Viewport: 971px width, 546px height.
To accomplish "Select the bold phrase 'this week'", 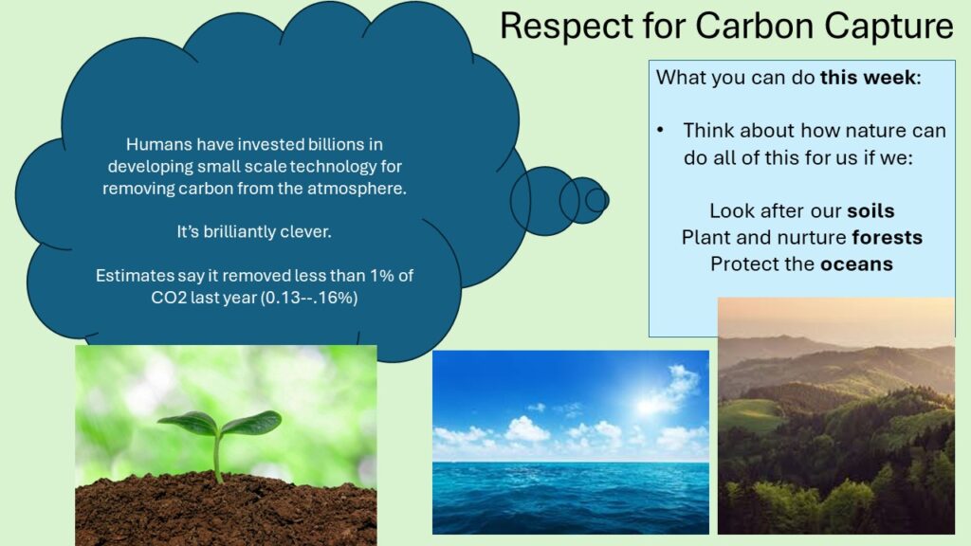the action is (868, 78).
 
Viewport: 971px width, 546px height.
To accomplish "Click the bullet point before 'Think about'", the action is (660, 130).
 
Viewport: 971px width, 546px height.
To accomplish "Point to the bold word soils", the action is (870, 210).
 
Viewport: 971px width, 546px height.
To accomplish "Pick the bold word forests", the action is (887, 237).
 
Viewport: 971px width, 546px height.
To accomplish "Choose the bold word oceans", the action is (856, 264).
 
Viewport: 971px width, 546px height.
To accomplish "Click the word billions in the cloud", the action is (340, 144).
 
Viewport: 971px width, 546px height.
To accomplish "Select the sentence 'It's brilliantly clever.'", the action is (254, 231).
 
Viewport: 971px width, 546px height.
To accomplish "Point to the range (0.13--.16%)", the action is (309, 298).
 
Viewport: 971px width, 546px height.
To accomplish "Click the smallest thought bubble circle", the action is (597, 201).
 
